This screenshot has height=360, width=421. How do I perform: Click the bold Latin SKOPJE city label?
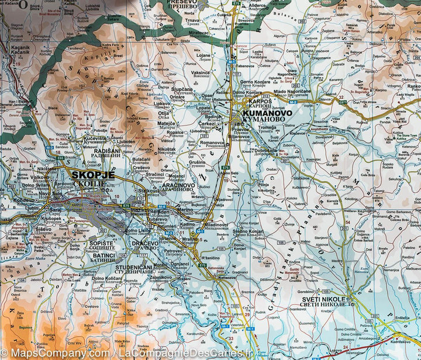click(x=89, y=174)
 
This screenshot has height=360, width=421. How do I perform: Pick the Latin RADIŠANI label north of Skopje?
click(x=108, y=151)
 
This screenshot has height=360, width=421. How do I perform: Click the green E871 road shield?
click(x=343, y=102)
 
